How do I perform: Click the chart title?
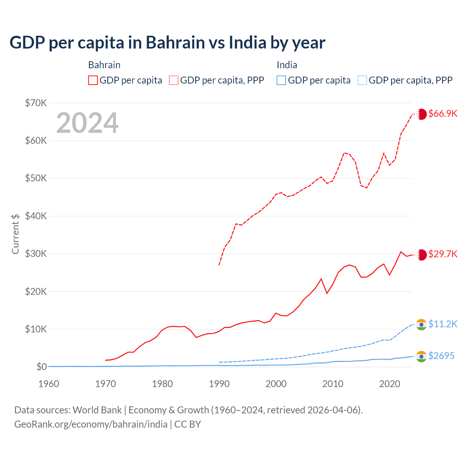click(167, 43)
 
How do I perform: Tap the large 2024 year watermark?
click(88, 123)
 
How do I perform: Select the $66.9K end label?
click(443, 113)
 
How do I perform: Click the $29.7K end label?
click(443, 254)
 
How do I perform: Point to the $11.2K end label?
click(443, 324)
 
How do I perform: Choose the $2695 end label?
click(441, 356)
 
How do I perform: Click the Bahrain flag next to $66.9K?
click(422, 114)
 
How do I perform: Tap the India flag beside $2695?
click(421, 356)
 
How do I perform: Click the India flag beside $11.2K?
click(421, 325)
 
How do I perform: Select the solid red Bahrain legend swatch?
click(93, 80)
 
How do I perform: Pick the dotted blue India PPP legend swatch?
click(362, 80)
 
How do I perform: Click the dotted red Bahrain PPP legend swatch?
click(174, 80)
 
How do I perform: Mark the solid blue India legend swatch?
click(281, 80)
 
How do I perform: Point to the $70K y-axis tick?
click(36, 103)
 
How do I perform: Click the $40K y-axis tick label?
click(36, 216)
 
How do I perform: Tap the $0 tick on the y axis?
click(41, 367)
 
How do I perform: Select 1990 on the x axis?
click(219, 384)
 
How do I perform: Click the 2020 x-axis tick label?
click(390, 384)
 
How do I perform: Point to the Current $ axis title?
click(15, 234)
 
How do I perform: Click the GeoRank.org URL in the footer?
click(91, 424)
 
